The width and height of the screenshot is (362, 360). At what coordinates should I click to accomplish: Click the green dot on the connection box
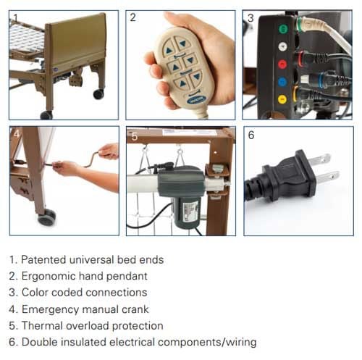[283, 30]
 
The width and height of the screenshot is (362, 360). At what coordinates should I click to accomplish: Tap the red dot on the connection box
[282, 64]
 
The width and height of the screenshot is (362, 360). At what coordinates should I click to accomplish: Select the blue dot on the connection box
[282, 82]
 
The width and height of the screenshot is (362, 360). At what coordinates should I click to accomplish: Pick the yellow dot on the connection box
[282, 99]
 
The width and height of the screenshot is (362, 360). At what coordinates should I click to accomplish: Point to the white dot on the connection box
[282, 46]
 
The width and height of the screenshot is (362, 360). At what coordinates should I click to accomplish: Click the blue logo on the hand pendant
[195, 100]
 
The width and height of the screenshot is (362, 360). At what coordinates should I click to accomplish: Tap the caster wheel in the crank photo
[47, 217]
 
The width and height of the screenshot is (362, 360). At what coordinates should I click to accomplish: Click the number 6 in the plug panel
[251, 135]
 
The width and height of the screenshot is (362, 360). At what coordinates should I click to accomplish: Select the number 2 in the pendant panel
[132, 17]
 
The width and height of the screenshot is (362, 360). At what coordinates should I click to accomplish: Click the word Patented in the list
[43, 260]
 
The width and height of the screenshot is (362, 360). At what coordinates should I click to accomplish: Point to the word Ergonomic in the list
[49, 276]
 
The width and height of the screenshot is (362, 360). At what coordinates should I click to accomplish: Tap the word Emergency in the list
[51, 309]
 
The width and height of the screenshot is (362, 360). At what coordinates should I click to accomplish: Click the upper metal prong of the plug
[319, 160]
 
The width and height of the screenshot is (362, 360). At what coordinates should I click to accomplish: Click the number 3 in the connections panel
[251, 18]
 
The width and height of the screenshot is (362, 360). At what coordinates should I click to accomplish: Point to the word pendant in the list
[127, 276]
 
